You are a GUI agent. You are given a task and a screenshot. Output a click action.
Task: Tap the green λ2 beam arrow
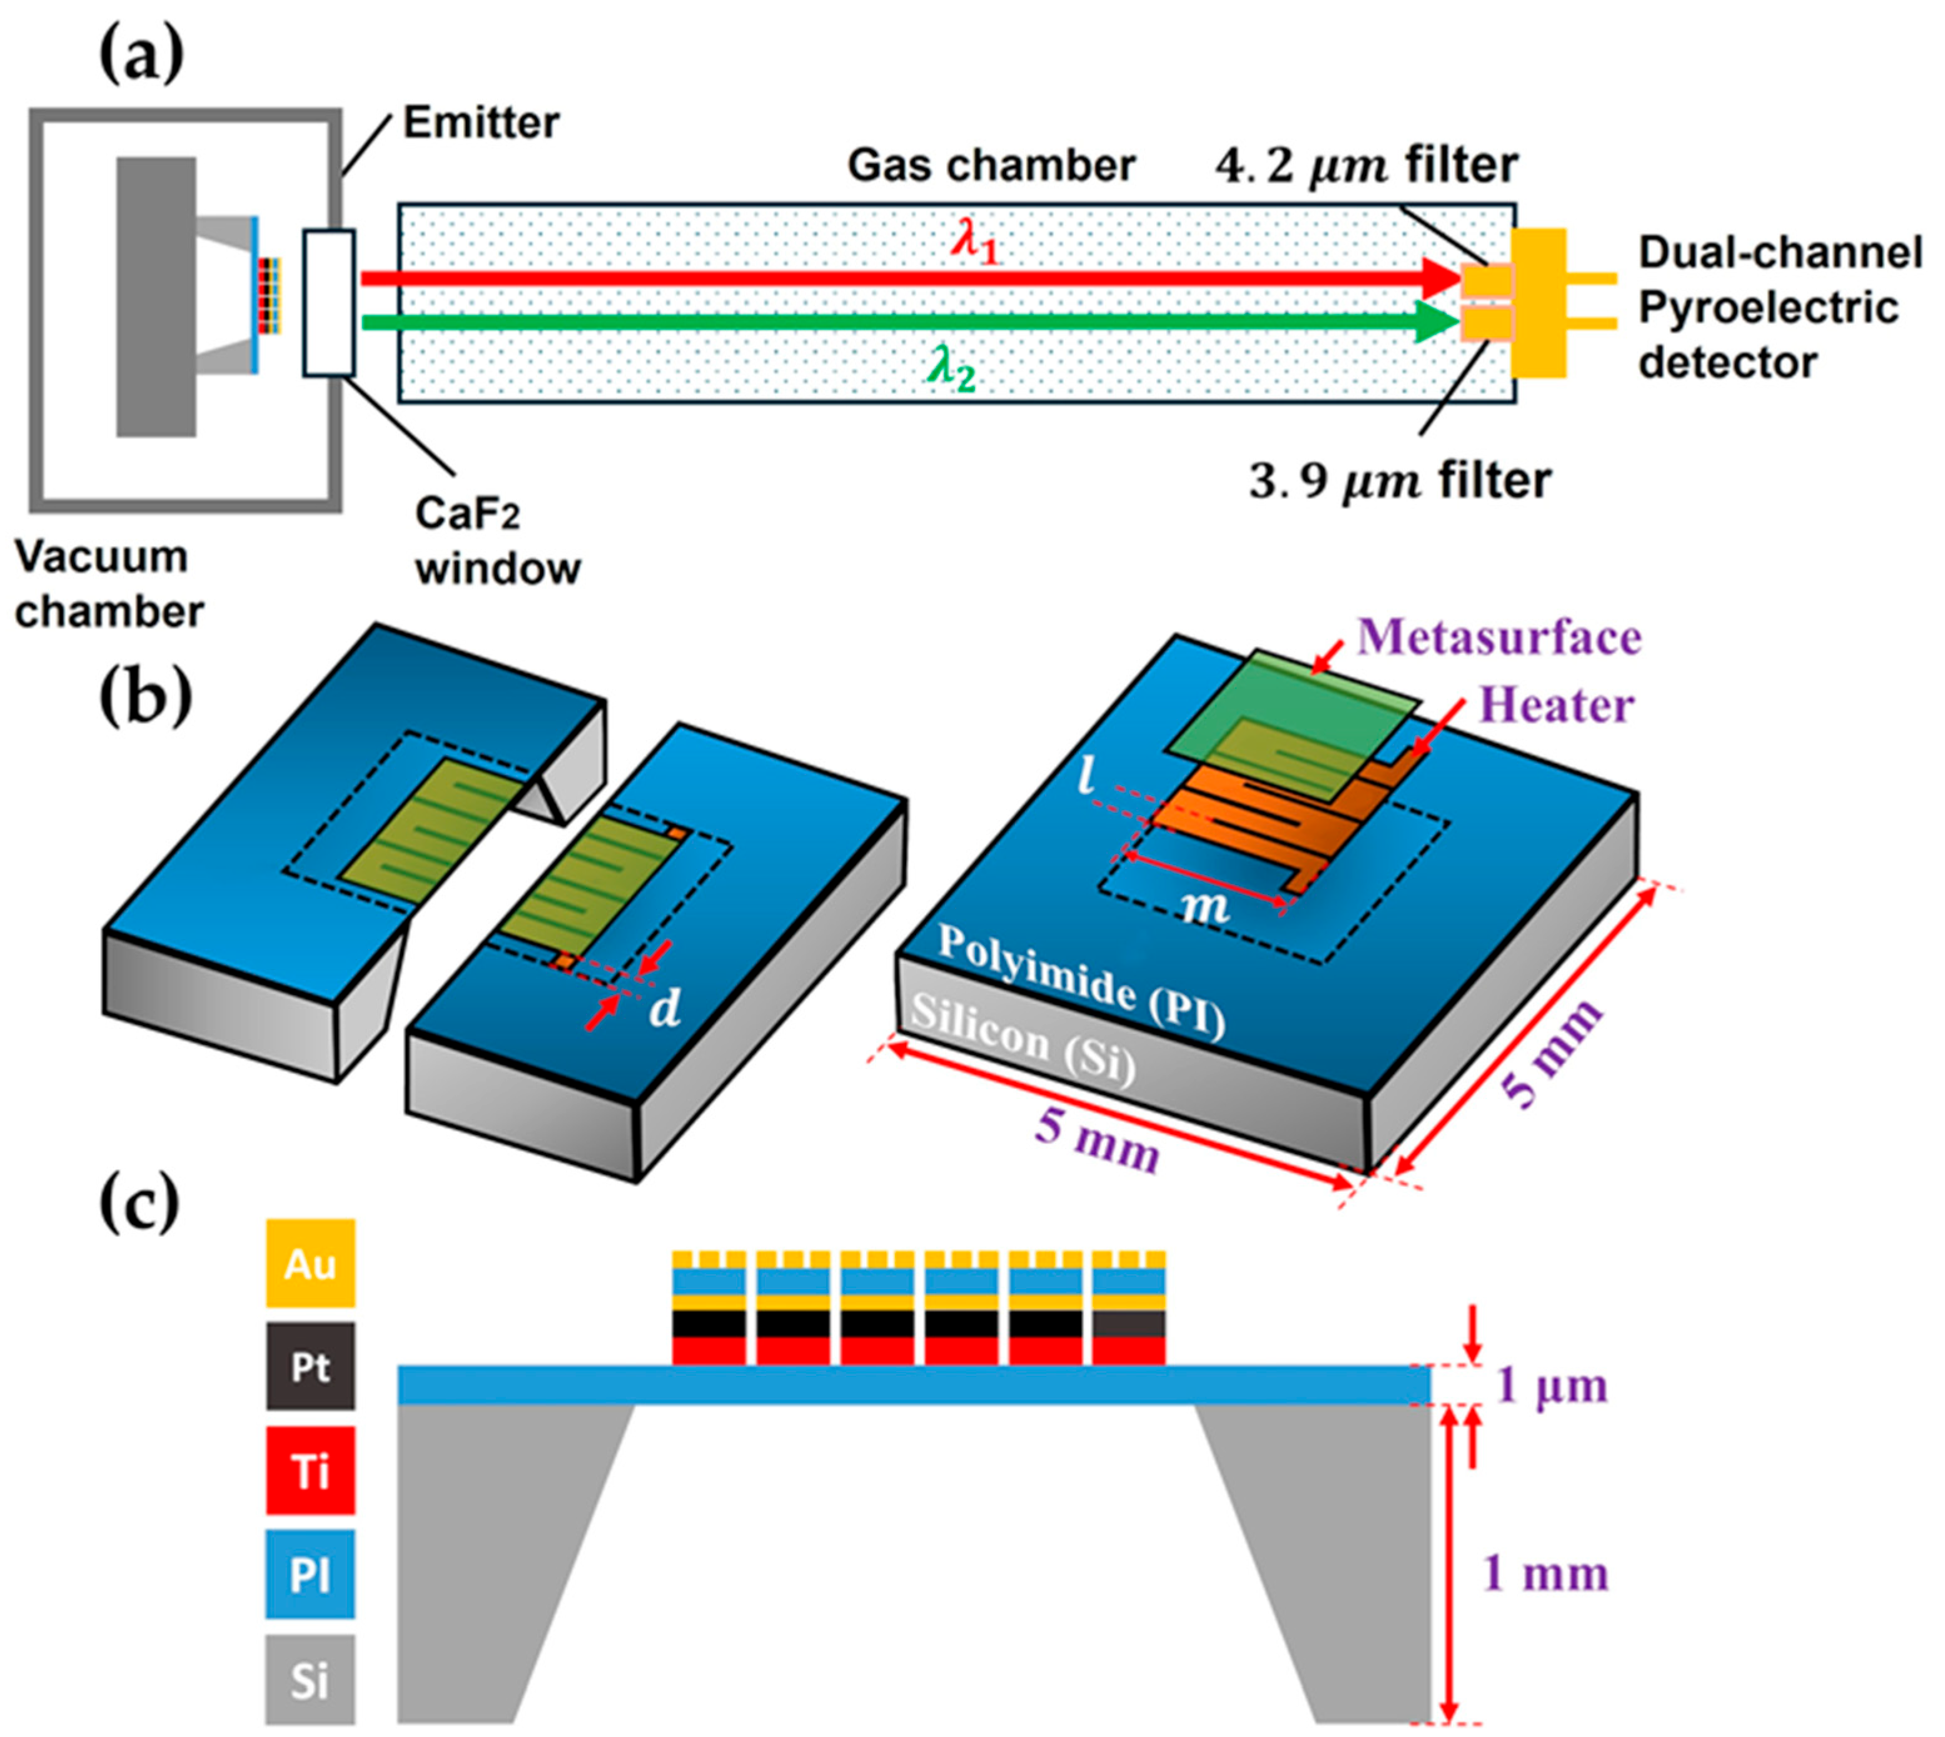897,323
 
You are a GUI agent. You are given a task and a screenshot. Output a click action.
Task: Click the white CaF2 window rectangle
329,303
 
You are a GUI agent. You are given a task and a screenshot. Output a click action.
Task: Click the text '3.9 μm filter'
1399,480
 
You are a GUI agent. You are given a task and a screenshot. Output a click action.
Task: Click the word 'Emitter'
481,122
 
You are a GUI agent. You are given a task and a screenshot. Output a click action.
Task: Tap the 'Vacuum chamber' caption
108,584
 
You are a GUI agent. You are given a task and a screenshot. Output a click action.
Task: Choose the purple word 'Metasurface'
1498,637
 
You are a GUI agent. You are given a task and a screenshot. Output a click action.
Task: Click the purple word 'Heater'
1555,706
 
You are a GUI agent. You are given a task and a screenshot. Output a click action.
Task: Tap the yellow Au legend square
310,1263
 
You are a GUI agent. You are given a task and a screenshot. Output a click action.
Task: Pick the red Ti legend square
310,1471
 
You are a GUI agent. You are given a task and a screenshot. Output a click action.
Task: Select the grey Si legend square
310,1679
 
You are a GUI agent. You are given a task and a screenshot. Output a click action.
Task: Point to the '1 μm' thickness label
1551,1385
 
